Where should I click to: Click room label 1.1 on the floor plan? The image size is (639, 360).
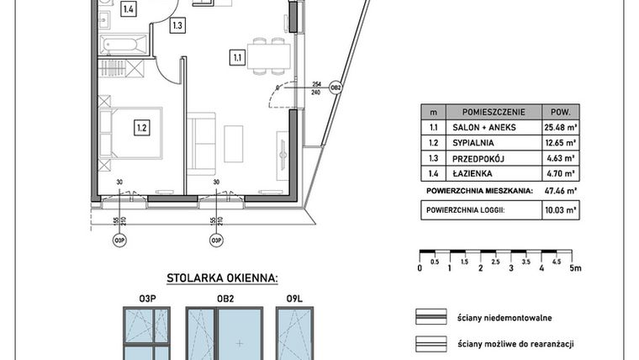[238, 57]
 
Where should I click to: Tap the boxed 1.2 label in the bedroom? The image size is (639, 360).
[141, 128]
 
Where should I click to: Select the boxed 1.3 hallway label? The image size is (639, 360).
[177, 25]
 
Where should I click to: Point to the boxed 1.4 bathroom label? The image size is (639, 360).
[129, 9]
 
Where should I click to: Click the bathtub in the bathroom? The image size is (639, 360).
[124, 45]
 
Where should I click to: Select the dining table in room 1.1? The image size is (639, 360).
[268, 56]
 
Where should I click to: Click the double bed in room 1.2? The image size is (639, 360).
[131, 133]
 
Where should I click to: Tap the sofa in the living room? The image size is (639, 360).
[201, 144]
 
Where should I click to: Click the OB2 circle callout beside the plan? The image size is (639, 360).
[335, 87]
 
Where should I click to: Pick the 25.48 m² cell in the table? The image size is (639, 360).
[561, 127]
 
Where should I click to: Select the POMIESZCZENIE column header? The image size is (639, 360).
[494, 112]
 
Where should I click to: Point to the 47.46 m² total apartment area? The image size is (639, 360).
[560, 190]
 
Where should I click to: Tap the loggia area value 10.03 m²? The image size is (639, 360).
[560, 210]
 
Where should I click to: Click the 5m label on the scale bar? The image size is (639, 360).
[575, 267]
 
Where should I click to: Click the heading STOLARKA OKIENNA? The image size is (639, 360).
[222, 278]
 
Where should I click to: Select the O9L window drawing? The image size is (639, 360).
[294, 333]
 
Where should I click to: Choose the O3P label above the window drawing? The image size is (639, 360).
[147, 299]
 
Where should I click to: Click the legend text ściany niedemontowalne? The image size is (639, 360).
[504, 318]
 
